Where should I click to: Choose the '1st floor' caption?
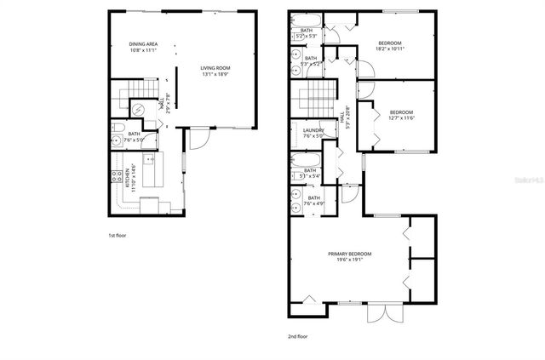tap(118, 235)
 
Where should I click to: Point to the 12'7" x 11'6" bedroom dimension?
tap(401, 118)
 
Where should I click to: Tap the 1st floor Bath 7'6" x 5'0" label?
tap(135, 136)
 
